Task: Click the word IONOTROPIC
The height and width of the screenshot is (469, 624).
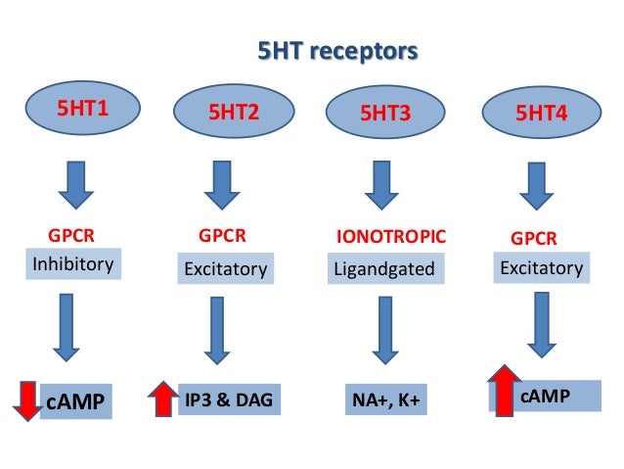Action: coord(391,236)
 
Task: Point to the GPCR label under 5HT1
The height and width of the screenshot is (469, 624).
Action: coord(71,236)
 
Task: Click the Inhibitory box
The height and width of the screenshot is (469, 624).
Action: coord(73,264)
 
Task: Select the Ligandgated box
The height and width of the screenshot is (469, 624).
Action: coord(384,267)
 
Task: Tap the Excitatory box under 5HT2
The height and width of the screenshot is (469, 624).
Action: coord(227,268)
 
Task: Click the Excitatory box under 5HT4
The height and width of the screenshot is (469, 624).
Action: coord(541,267)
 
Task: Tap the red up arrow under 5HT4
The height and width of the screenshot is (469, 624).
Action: coord(505,390)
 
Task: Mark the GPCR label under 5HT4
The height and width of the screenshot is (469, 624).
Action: coord(534,238)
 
